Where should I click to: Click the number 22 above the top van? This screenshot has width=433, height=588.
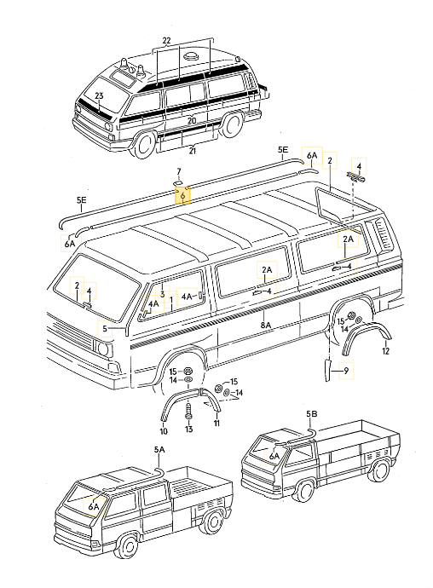coord(166,42)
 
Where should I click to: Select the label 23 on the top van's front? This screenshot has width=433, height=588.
coord(99,95)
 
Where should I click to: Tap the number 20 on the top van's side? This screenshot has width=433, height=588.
coord(192,121)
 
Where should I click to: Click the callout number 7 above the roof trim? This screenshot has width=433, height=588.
coord(180,172)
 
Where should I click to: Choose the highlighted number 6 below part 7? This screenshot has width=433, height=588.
coord(182,195)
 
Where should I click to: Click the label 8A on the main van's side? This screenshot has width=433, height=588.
coord(266,325)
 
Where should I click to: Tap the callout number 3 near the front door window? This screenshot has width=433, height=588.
coord(162,294)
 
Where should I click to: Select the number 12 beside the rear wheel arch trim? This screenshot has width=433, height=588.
coord(385,350)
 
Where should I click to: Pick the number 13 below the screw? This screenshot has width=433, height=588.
coord(189,429)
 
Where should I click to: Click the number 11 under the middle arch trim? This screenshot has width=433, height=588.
coord(216,423)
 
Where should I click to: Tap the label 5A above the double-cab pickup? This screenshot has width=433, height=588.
coord(159,450)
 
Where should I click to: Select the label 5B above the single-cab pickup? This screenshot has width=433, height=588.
coord(311,413)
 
